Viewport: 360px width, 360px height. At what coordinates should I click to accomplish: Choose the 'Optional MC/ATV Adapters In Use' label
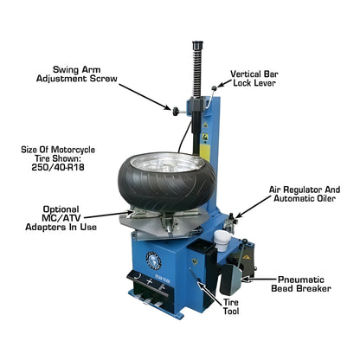coord(63,217)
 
